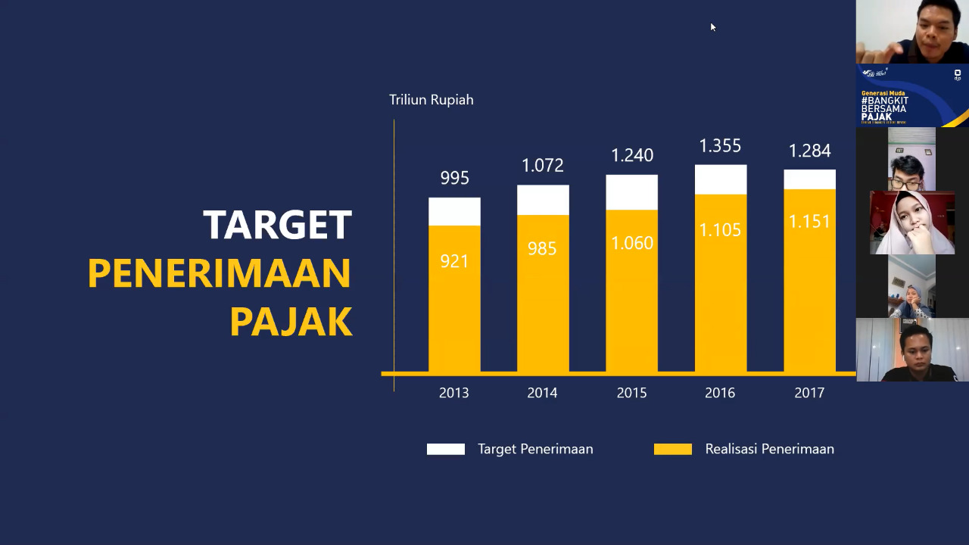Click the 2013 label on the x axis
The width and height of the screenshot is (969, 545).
tap(454, 393)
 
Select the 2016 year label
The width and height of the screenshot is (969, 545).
tap(720, 393)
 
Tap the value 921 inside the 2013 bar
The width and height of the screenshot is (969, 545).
tap(454, 261)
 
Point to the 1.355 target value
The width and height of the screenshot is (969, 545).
tap(720, 145)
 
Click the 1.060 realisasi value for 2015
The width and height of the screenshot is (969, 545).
tap(632, 243)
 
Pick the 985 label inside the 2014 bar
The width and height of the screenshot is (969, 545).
tap(542, 248)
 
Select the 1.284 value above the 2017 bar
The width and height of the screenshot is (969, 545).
tap(809, 151)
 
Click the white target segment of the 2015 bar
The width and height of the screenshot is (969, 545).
tap(631, 192)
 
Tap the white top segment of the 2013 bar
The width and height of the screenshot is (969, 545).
tap(454, 212)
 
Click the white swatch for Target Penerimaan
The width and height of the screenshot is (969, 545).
tap(446, 449)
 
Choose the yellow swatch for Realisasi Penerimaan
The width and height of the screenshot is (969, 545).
tap(673, 449)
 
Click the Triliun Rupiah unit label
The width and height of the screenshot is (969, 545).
tap(432, 100)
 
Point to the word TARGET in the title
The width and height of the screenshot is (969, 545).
tap(278, 225)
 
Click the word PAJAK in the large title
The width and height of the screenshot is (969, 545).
tap(291, 322)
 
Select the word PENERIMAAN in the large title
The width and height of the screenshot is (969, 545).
tap(220, 273)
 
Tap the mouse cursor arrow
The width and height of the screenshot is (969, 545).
tap(712, 26)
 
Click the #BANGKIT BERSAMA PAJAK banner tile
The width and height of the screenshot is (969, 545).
tap(912, 95)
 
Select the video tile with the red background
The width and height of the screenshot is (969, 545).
tap(912, 223)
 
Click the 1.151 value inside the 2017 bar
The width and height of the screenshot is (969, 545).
tap(809, 221)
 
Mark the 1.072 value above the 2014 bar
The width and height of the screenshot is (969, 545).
tap(542, 165)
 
